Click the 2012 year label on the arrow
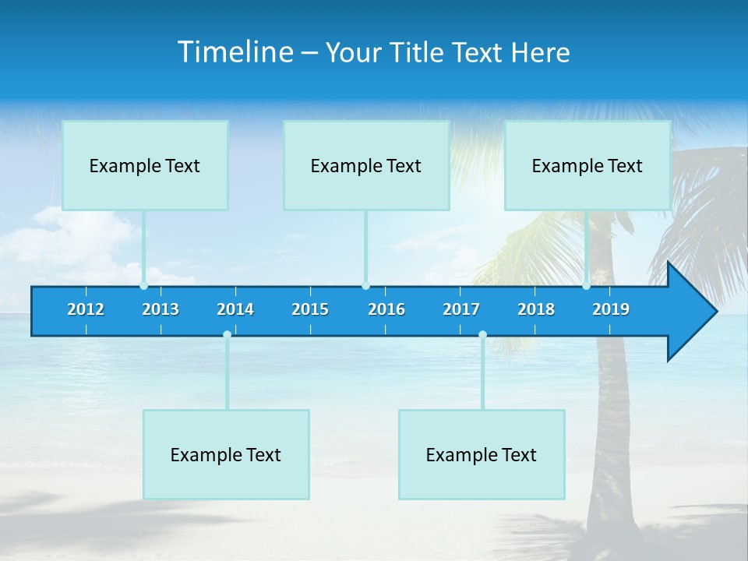[x=86, y=309]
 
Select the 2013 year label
[x=161, y=309]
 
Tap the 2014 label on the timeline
[x=235, y=309]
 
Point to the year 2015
[x=310, y=309]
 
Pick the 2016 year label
[x=386, y=309]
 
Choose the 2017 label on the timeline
[x=461, y=309]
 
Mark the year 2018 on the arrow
[x=536, y=309]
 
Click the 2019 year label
[x=611, y=309]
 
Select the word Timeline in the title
[x=235, y=51]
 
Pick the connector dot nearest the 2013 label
[x=143, y=286]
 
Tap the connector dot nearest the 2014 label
[x=227, y=334]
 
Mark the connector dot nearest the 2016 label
[x=365, y=286]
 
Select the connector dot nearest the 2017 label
[x=482, y=334]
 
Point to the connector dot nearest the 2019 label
[x=586, y=286]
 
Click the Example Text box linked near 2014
[x=226, y=454]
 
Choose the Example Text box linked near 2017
[x=482, y=454]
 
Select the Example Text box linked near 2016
[x=366, y=165]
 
